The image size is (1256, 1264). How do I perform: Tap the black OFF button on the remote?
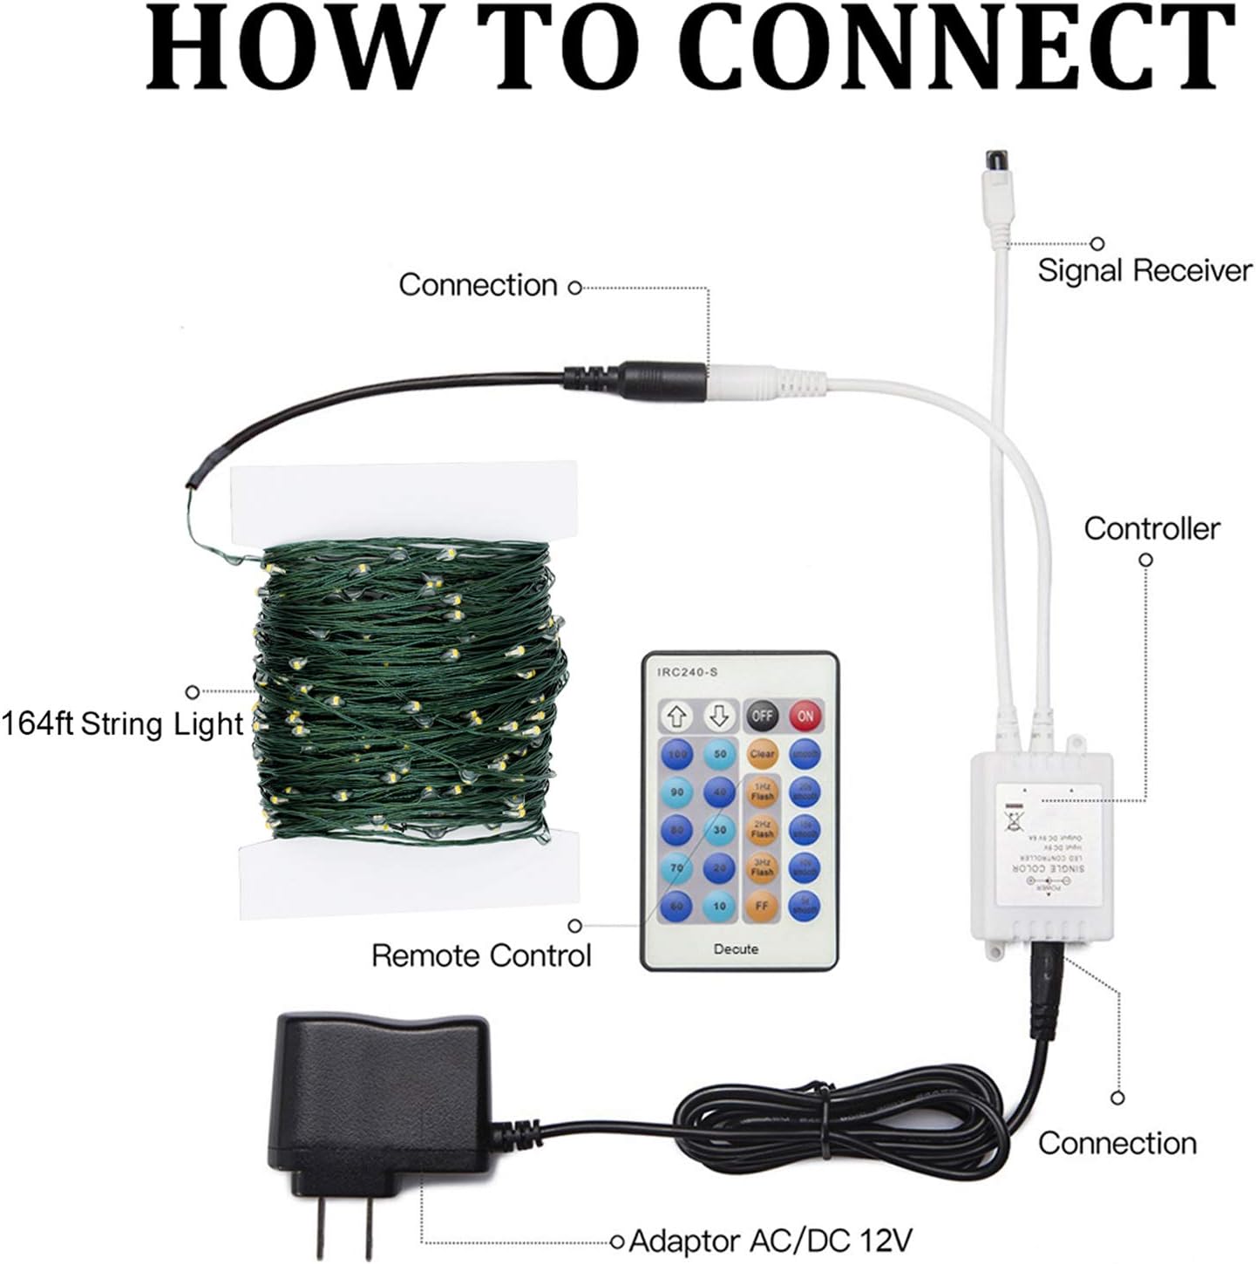[762, 717]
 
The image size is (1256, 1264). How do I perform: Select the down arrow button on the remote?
[719, 717]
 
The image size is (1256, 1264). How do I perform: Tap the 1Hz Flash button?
[762, 792]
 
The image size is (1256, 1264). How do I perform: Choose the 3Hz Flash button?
[762, 867]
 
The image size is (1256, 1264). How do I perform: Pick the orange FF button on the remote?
[762, 906]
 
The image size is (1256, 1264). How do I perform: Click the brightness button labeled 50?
[720, 754]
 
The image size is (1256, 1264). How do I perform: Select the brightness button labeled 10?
[720, 906]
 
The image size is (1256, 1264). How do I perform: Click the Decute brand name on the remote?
[737, 948]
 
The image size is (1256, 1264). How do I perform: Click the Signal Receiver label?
[1144, 271]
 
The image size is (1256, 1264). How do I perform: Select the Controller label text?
[1151, 528]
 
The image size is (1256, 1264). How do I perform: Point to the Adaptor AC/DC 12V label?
[771, 1240]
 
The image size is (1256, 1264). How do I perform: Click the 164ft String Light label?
[122, 724]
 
